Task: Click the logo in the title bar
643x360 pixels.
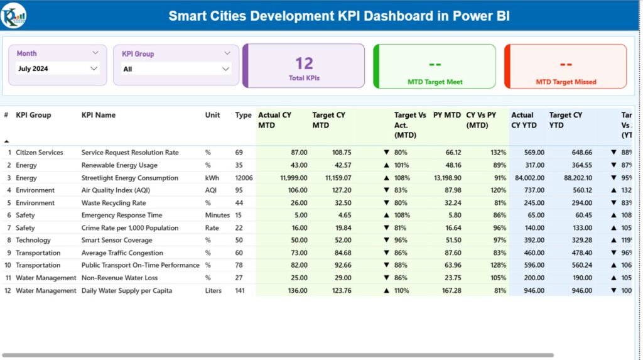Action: (13, 15)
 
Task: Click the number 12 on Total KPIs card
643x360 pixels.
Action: (304, 63)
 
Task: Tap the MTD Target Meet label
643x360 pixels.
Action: (433, 82)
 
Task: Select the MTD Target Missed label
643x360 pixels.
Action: (566, 82)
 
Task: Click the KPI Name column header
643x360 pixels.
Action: (99, 115)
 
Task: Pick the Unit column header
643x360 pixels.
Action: (213, 115)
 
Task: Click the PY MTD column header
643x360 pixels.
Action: (446, 115)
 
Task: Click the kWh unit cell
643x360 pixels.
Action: (212, 178)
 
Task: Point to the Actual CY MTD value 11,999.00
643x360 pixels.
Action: (290, 178)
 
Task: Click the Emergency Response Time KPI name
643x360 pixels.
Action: (121, 215)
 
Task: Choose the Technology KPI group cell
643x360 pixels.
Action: (33, 240)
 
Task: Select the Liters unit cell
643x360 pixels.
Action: (213, 290)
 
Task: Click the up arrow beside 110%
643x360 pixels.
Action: (386, 291)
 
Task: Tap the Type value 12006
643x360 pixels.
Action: (244, 178)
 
